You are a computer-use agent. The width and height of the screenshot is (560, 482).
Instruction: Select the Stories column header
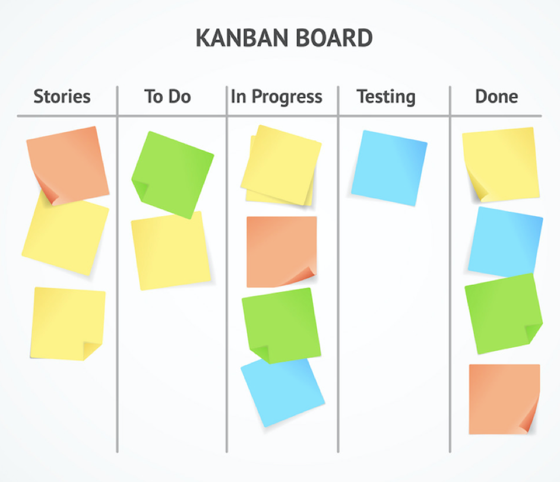click(62, 96)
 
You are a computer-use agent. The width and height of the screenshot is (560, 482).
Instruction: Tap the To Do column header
click(167, 96)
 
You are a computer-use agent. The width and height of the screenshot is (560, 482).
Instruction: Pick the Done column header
click(496, 96)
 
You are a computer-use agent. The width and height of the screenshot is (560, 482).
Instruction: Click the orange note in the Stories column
click(68, 165)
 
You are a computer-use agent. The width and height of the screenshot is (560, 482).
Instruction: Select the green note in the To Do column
click(173, 175)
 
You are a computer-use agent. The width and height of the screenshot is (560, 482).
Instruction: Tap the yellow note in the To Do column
click(171, 250)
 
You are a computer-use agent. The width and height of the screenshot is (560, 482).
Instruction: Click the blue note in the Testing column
click(389, 168)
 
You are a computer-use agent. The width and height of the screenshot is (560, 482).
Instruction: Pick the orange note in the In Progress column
click(281, 252)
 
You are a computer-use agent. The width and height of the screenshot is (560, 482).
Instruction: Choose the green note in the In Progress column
click(281, 326)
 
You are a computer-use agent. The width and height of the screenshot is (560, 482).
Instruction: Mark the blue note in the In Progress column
click(283, 392)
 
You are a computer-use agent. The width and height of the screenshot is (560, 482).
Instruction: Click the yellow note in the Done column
click(501, 164)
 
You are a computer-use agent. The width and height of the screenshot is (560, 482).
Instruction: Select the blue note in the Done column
click(505, 242)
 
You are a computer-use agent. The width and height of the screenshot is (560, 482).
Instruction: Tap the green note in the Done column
click(504, 313)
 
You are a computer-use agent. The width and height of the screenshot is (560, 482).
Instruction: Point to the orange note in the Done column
click(504, 399)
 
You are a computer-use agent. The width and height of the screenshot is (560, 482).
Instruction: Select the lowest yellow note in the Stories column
click(68, 324)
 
